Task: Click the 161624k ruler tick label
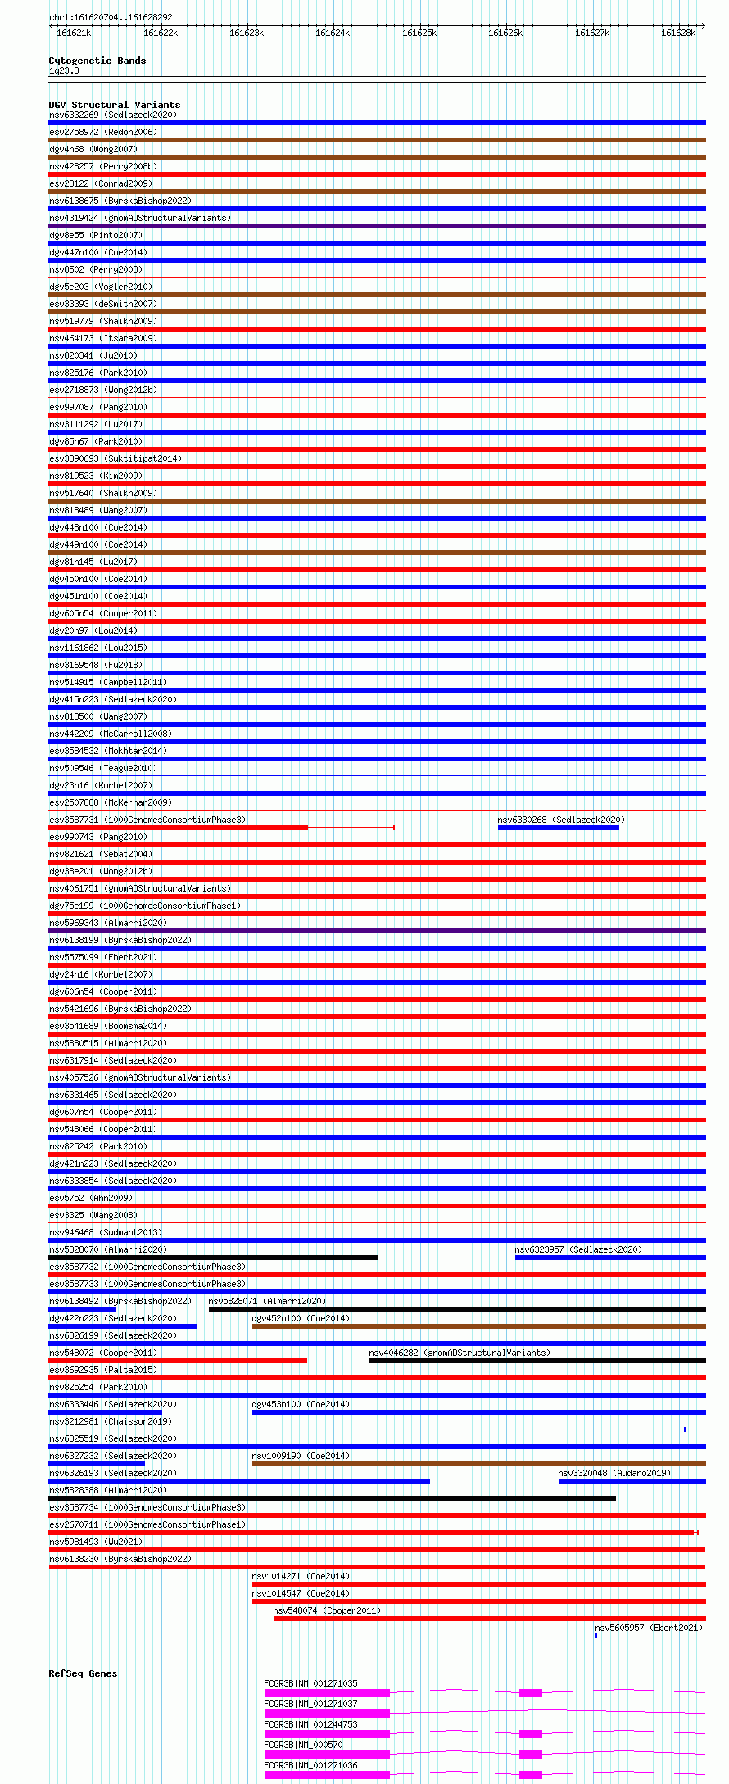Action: tap(333, 33)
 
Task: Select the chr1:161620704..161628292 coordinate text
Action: tap(111, 17)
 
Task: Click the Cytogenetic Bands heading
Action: tap(97, 61)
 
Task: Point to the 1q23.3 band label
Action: tap(64, 71)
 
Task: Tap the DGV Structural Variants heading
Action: tap(114, 105)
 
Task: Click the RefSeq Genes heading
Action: tap(83, 1673)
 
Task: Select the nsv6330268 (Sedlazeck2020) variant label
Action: tap(561, 820)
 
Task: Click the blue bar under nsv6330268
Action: tap(558, 828)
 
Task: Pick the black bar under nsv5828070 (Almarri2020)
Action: tap(213, 1258)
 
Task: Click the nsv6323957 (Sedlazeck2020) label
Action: tap(578, 1249)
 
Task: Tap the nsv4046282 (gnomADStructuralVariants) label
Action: tap(460, 1353)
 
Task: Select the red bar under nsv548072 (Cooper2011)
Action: tap(178, 1361)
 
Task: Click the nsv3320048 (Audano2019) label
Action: tap(614, 1473)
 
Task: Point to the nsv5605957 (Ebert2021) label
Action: tap(649, 1628)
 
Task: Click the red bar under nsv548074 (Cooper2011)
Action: tap(489, 1619)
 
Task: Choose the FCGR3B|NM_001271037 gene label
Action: tap(310, 1704)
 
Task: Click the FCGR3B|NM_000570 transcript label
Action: tap(303, 1745)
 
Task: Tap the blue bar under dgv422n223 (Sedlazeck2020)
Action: tap(122, 1326)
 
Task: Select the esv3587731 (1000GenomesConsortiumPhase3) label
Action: tap(147, 820)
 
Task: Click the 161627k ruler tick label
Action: tap(591, 33)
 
